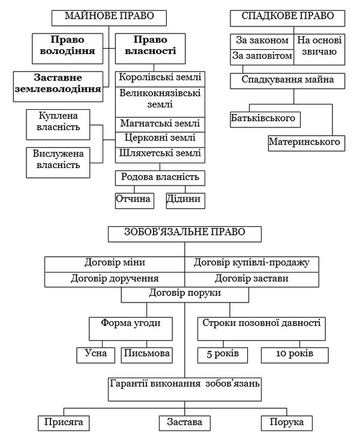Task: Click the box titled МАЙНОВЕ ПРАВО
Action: coord(109,18)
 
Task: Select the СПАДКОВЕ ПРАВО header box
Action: coord(287,19)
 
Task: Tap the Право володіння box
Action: coord(67,49)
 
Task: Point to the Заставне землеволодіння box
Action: coord(58,86)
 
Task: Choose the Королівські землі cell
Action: coord(160,79)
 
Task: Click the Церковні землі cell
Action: coord(160,140)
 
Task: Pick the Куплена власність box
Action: coord(58,125)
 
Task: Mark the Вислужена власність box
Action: coord(58,163)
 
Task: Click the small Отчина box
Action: coord(134,200)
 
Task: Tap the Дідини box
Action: coord(185,200)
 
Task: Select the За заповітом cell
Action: coord(262,58)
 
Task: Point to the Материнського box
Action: coord(307,143)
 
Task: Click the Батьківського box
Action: coord(265,119)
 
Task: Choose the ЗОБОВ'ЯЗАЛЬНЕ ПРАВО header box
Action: coord(185,234)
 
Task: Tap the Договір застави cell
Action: coord(251,280)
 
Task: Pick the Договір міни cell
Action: coord(115,264)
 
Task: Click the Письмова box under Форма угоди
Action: coord(147,355)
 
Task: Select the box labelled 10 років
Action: coord(295,355)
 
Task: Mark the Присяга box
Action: coord(64,423)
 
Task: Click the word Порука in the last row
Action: coord(287,422)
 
